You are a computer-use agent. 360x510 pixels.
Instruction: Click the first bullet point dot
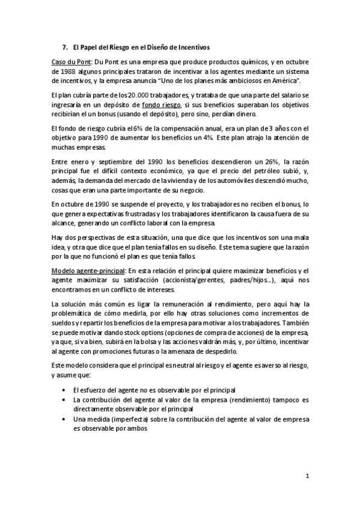coord(64,390)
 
